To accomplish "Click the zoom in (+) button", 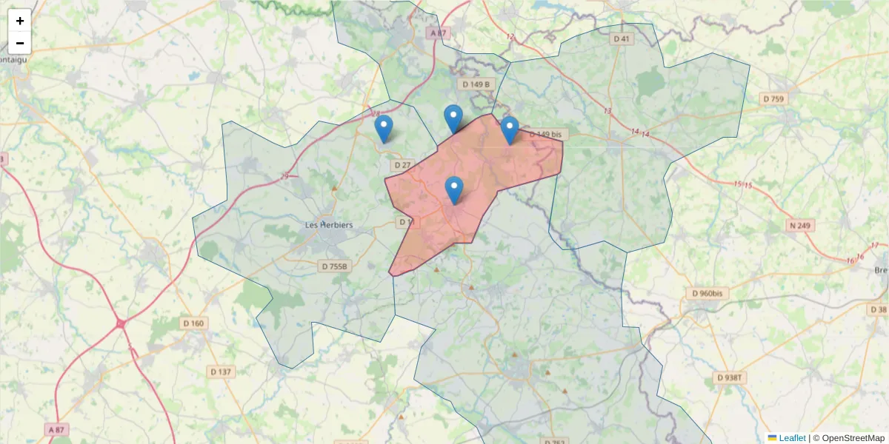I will point(20,21).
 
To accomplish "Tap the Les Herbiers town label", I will point(329,225).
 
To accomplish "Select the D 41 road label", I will point(621,38).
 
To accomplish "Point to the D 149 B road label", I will point(476,84).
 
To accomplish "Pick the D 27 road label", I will point(402,165).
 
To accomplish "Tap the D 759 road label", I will point(773,98).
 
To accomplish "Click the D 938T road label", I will point(731,377).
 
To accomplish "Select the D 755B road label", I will point(335,266).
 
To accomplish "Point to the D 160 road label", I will point(193,323).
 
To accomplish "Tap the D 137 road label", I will point(221,371).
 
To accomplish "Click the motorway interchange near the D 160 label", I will point(121,323).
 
